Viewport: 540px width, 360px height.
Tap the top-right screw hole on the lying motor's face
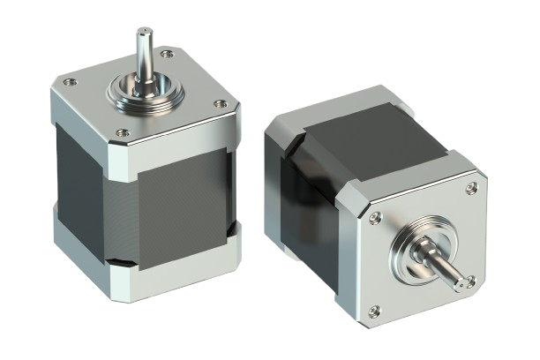pos(472,187)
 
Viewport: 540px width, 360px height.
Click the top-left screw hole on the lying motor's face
pos(377,216)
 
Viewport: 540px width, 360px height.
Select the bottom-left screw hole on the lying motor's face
pos(374,309)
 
